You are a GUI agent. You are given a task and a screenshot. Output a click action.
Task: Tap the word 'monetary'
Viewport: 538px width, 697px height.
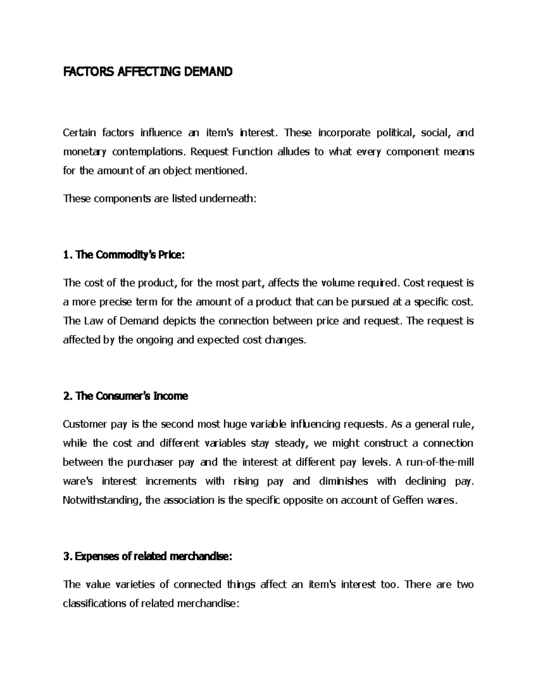click(85, 152)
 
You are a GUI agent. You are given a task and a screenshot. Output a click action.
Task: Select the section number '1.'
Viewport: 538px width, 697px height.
click(67, 255)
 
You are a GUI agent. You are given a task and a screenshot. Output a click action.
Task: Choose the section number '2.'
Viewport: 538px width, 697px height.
click(67, 396)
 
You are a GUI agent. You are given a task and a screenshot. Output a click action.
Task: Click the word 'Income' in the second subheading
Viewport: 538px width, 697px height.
click(171, 396)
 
